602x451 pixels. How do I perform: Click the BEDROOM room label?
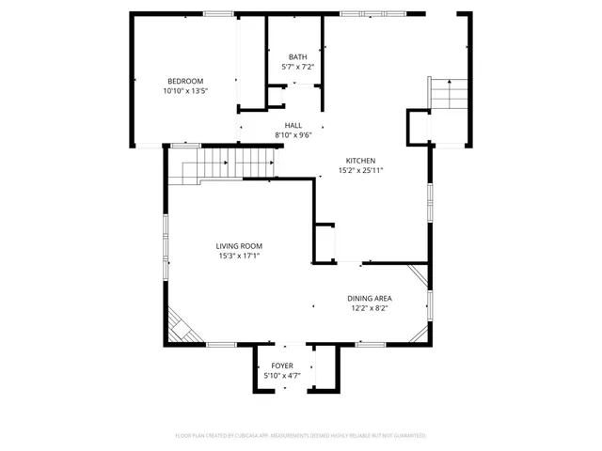pyautogui.click(x=185, y=81)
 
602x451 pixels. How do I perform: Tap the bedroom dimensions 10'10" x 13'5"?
pyautogui.click(x=185, y=92)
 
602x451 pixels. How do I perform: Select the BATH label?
pyautogui.click(x=297, y=56)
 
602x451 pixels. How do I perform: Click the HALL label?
pyautogui.click(x=293, y=124)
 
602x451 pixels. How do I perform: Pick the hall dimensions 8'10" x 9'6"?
pyautogui.click(x=293, y=135)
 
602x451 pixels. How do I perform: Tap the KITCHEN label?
pyautogui.click(x=361, y=160)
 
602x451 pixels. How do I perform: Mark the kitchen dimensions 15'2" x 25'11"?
pyautogui.click(x=361, y=171)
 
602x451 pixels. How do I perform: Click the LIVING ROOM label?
pyautogui.click(x=239, y=245)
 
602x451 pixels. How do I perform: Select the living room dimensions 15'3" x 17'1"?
pyautogui.click(x=239, y=257)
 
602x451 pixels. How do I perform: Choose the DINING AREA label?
pyautogui.click(x=370, y=297)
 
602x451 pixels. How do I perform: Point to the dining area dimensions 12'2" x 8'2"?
pyautogui.click(x=370, y=308)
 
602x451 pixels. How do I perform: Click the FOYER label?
pyautogui.click(x=282, y=365)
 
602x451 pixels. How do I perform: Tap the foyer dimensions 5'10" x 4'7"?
pyautogui.click(x=282, y=377)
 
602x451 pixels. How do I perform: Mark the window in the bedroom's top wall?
pyautogui.click(x=219, y=13)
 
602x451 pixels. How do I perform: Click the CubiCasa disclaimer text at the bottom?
pyautogui.click(x=301, y=436)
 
